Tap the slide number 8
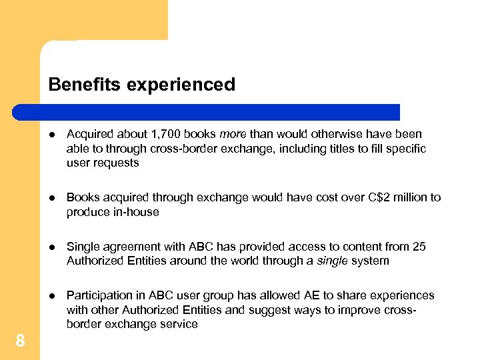pyautogui.click(x=20, y=341)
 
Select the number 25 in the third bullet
pyautogui.click(x=419, y=247)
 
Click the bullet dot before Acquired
pyautogui.click(x=53, y=135)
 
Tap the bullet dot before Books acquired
pyautogui.click(x=53, y=198)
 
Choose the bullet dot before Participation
pyautogui.click(x=53, y=295)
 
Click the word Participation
pyautogui.click(x=97, y=295)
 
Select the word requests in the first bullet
pyautogui.click(x=117, y=163)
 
